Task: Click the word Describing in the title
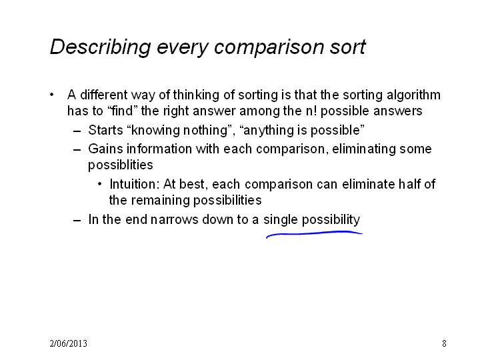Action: [100, 47]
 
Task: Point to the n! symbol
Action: [311, 111]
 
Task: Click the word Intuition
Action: [135, 184]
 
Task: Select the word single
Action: [281, 220]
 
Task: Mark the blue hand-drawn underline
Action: [315, 234]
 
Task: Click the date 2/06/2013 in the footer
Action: [68, 343]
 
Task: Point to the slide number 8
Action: [444, 343]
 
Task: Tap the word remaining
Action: [161, 201]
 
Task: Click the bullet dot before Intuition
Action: [99, 184]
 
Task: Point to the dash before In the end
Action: [77, 221]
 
